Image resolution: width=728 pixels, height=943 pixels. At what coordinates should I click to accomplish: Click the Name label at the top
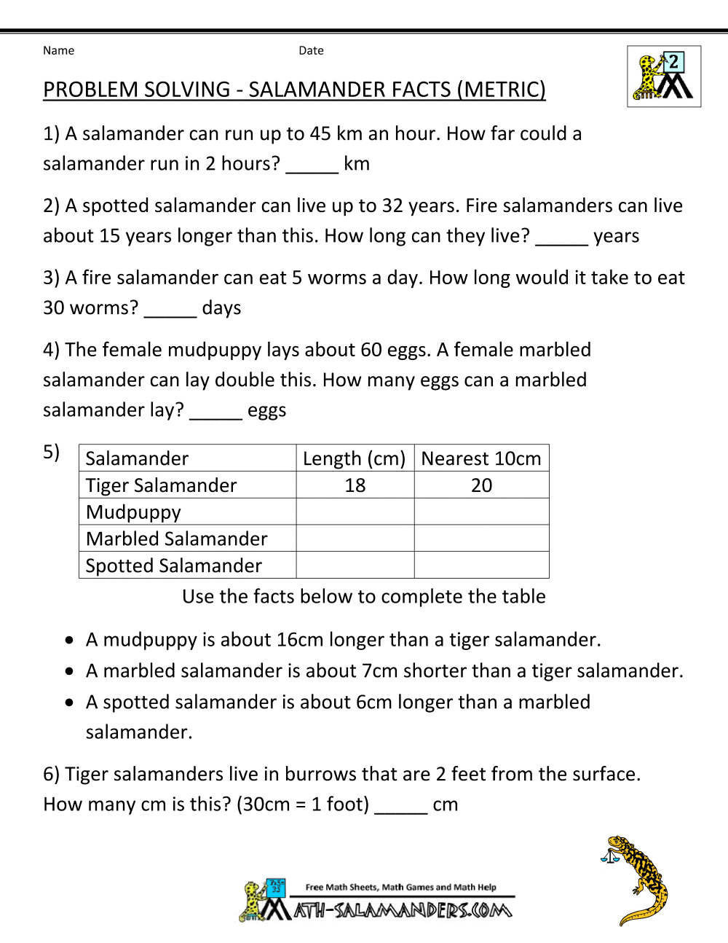58,50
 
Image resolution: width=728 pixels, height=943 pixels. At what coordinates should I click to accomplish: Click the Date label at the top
311,50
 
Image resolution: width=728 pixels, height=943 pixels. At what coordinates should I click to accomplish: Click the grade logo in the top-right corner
663,77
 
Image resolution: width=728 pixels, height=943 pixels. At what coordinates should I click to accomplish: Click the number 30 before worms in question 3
54,308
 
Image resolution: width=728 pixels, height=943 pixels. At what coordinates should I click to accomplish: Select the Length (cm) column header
355,458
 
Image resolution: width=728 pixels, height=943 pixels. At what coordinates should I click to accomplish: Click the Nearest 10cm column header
481,458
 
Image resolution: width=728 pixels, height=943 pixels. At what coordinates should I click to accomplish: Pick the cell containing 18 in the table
355,485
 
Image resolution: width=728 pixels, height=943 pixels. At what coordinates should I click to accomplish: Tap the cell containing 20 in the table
481,485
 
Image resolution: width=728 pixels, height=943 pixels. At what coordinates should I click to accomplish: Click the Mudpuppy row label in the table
133,512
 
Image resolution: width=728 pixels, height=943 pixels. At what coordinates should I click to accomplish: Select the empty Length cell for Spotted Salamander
355,565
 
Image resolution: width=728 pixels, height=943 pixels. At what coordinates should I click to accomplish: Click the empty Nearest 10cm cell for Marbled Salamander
481,539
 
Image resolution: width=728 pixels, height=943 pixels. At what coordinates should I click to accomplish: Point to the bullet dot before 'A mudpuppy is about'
69,641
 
